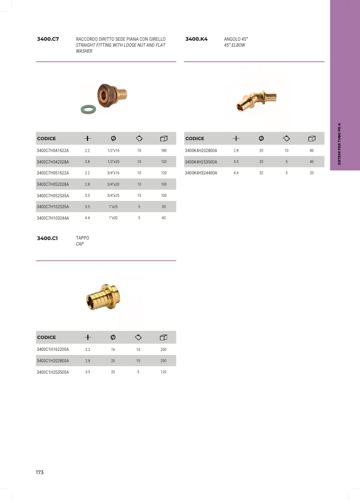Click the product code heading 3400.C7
pyautogui.click(x=48, y=39)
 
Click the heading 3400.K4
pyautogui.click(x=196, y=39)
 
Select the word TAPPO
pyautogui.click(x=82, y=238)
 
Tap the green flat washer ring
pyautogui.click(x=88, y=109)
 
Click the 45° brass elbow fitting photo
pyautogui.click(x=256, y=99)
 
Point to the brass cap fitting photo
pyautogui.click(x=103, y=297)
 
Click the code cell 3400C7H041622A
pyautogui.click(x=53, y=151)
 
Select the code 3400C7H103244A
pyautogui.click(x=53, y=218)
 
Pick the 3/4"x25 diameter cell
pyautogui.click(x=113, y=195)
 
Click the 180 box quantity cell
pyautogui.click(x=164, y=151)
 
